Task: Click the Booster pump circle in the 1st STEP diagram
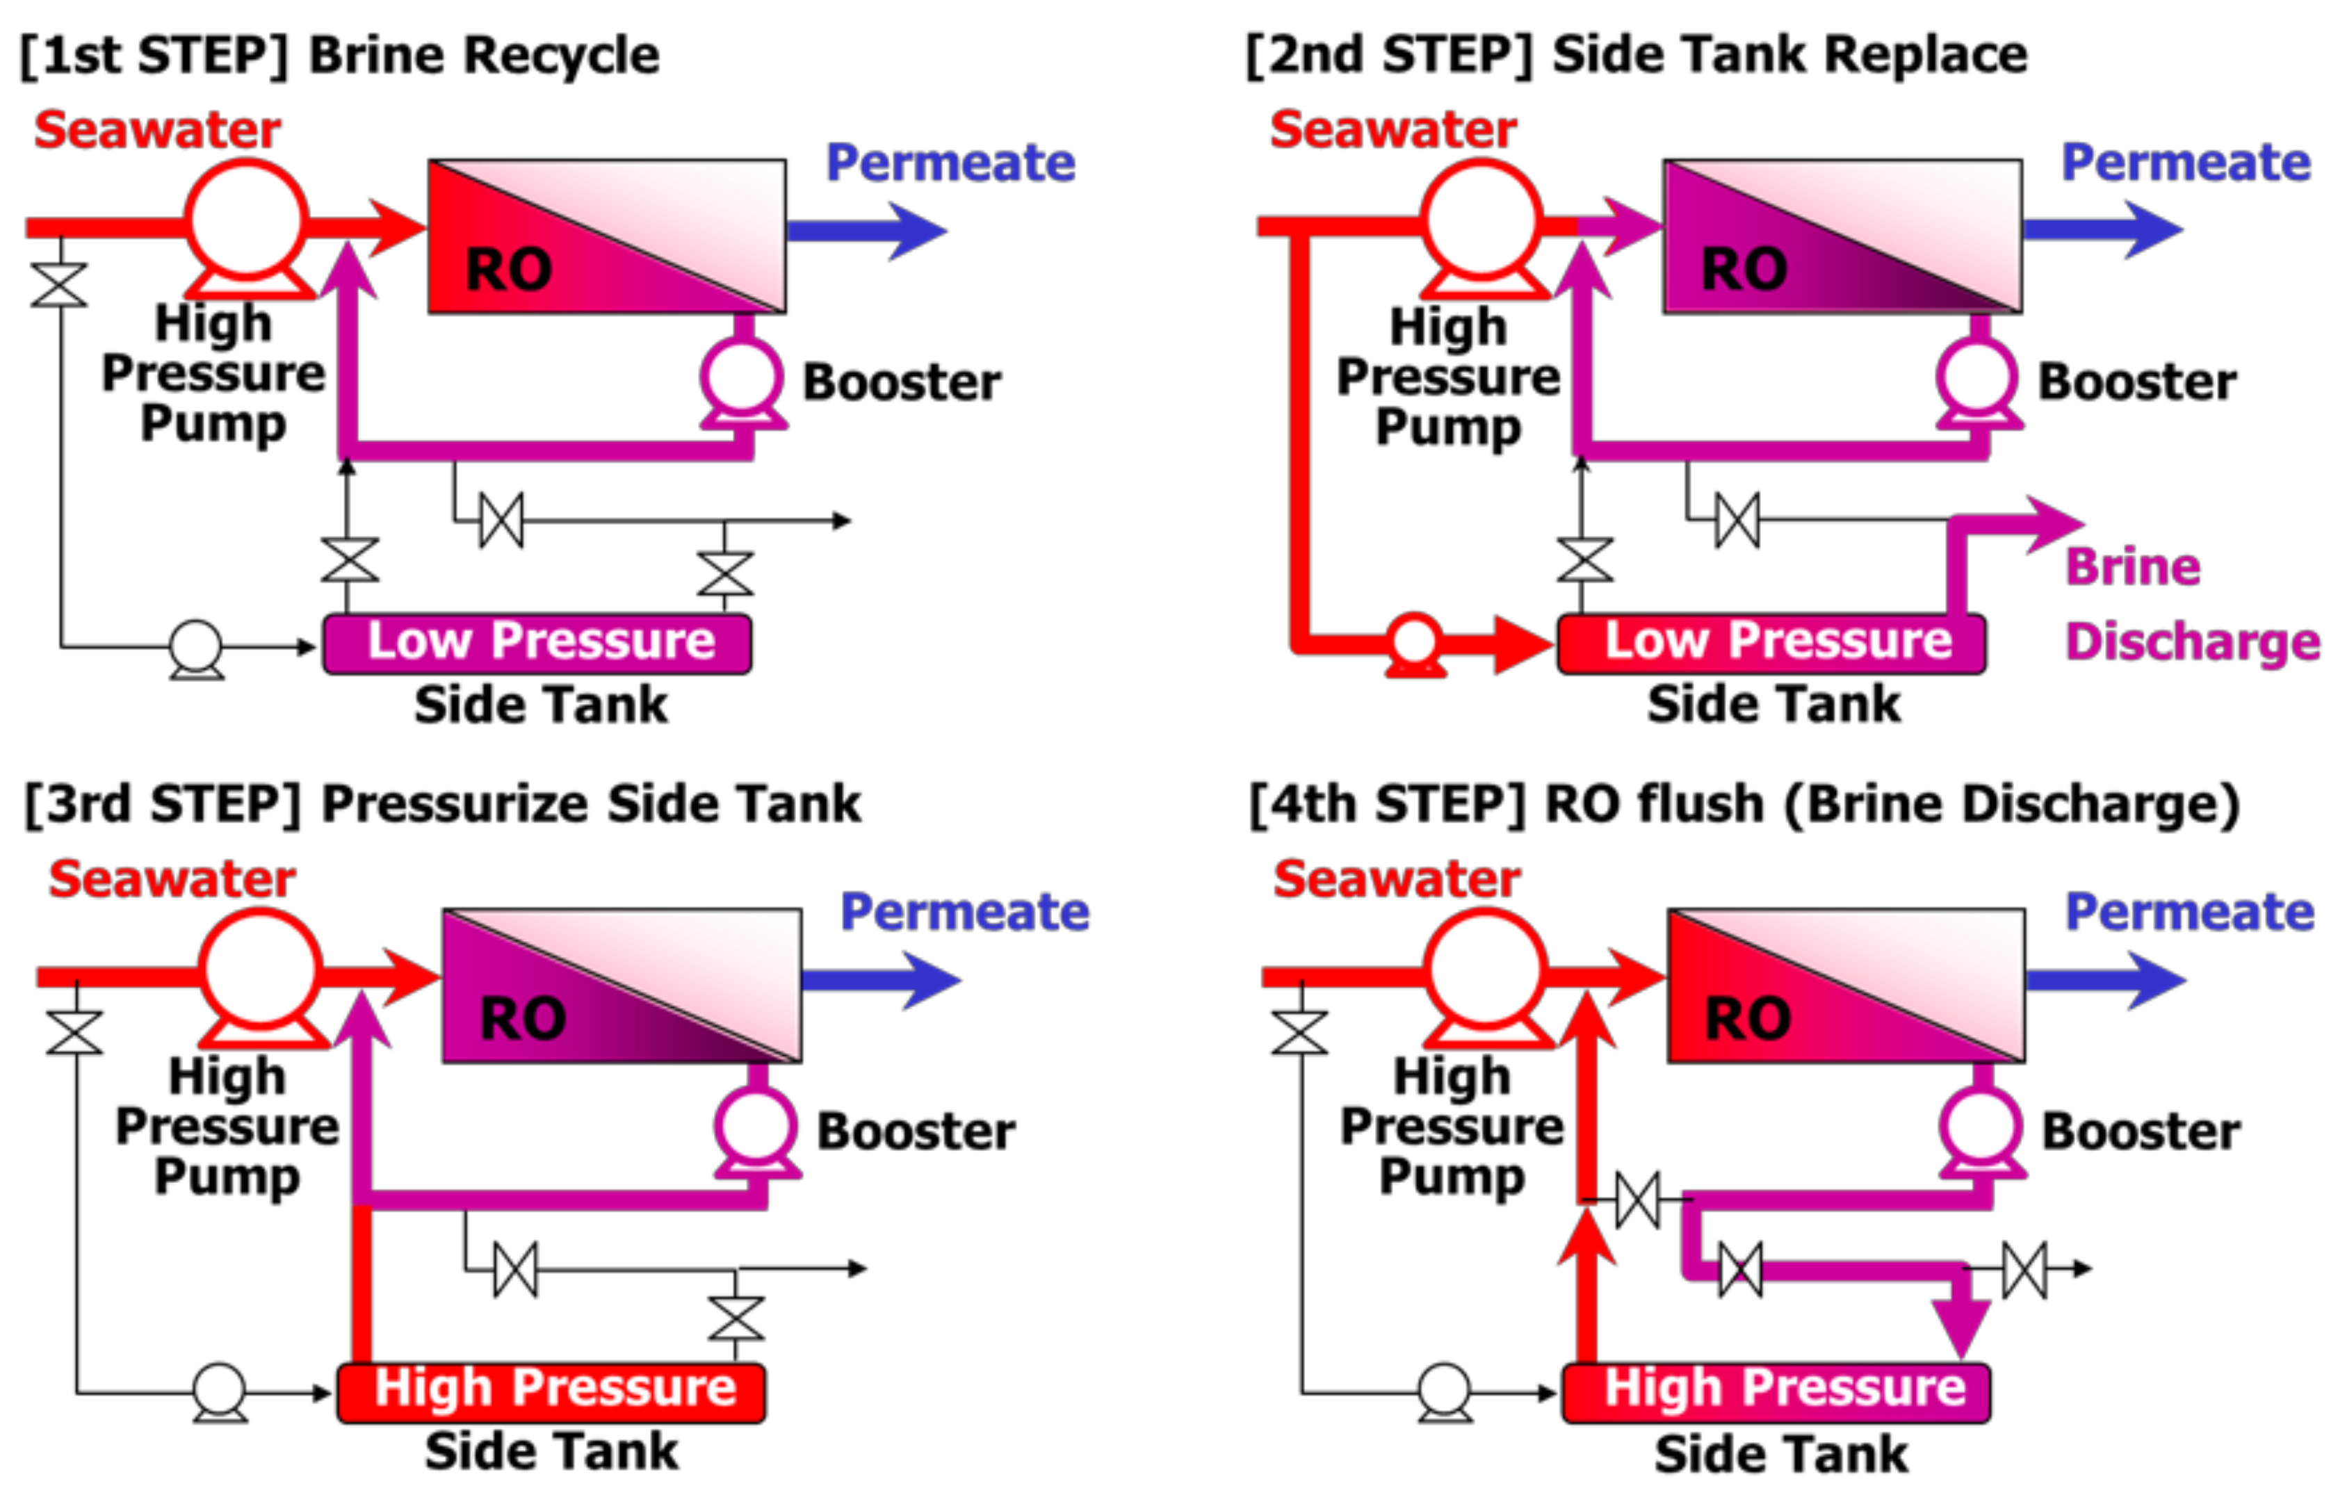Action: (742, 377)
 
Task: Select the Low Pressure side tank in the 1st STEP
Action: (537, 643)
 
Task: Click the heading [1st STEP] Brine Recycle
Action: (340, 55)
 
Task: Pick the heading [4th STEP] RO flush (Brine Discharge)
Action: (1745, 805)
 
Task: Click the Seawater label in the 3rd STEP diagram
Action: (172, 879)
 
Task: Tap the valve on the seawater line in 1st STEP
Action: (60, 284)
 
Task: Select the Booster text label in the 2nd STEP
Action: (2138, 382)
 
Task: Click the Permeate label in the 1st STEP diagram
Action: (950, 163)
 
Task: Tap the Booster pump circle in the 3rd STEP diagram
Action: (756, 1127)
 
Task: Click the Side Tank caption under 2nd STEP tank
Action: (1774, 705)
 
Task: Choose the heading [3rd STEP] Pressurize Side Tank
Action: (444, 805)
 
